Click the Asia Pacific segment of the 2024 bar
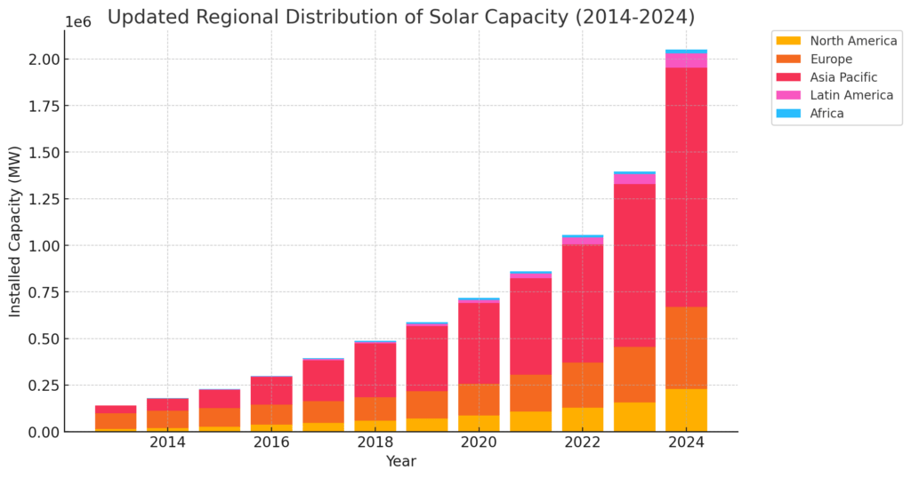pyautogui.click(x=686, y=187)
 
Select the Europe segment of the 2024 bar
pyautogui.click(x=686, y=347)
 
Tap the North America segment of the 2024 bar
pyautogui.click(x=686, y=410)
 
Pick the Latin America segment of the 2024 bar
pyautogui.click(x=686, y=60)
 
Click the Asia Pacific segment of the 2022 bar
pyautogui.click(x=583, y=303)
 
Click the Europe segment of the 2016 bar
pyautogui.click(x=271, y=414)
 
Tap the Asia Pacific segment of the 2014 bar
pyautogui.click(x=167, y=404)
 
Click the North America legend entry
pyautogui.click(x=853, y=41)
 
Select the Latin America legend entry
pyautogui.click(x=851, y=95)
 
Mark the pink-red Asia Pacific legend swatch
pyautogui.click(x=788, y=77)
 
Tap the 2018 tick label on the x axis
pyautogui.click(x=375, y=442)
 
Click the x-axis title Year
pyautogui.click(x=400, y=461)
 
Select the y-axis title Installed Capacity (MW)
pyautogui.click(x=15, y=231)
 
